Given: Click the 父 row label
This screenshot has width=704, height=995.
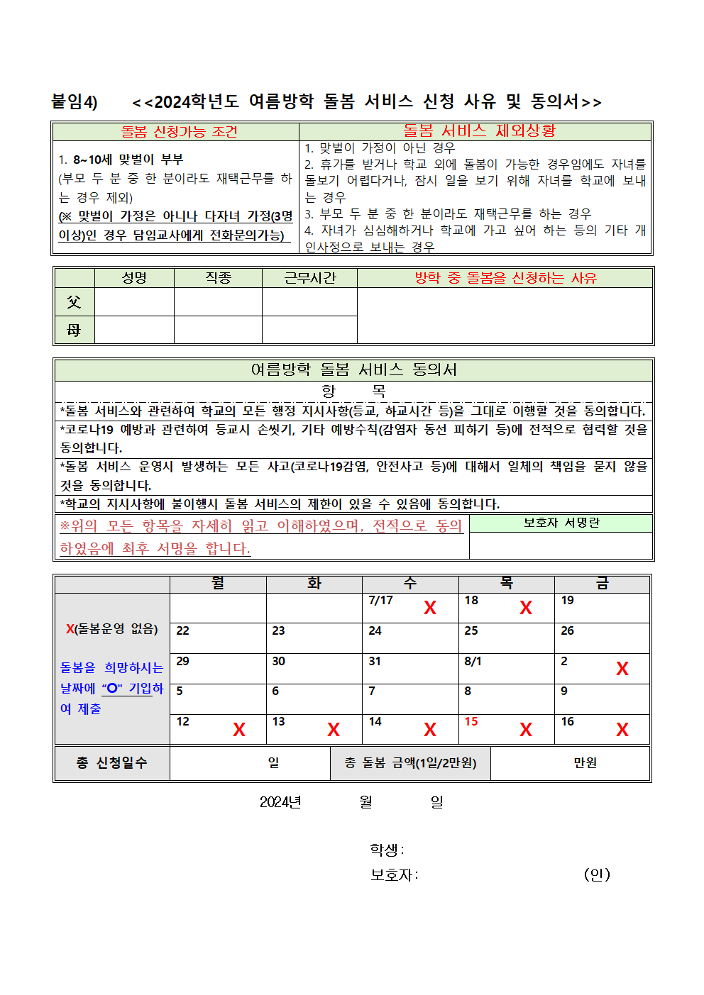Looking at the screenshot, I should pos(74,302).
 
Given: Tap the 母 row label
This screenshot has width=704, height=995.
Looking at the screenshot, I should pos(74,330).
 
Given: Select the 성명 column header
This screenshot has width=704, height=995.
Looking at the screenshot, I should pos(134,278).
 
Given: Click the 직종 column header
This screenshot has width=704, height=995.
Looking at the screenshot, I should pos(218,278).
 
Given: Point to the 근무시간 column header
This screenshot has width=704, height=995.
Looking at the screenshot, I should pos(309,278).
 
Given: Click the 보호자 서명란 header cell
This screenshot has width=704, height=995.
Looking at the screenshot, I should pos(561,523).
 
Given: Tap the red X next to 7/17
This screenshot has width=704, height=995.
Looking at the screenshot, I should pos(430,608).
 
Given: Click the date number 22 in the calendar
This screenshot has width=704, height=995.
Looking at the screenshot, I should pos(183,630).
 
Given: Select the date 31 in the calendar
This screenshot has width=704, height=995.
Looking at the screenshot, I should pos(375,661).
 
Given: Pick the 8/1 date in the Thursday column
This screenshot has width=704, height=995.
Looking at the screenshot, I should pos(473,661).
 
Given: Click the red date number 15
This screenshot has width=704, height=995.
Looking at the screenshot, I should pos(471,721).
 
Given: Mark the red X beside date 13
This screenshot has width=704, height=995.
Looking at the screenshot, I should pos(334,730).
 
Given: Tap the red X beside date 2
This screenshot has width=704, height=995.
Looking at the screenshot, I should pos(622,669).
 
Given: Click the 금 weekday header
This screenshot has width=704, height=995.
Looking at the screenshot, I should pos(602,584).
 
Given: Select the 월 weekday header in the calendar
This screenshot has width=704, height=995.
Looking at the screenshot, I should pos(218,584).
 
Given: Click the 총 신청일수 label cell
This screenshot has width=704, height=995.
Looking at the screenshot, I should pos(112,762).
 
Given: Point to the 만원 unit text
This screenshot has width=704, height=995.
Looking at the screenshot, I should pos(585,762).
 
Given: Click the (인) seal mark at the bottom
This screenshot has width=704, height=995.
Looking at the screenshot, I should pos(597,874).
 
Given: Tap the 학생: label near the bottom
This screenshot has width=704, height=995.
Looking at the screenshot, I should pos(387,850).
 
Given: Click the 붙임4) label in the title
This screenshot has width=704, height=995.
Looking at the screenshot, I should pos(75,102).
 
